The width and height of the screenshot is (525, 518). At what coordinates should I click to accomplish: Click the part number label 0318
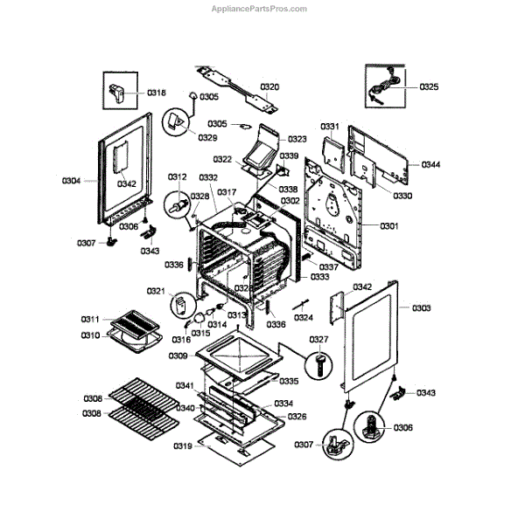click(x=156, y=92)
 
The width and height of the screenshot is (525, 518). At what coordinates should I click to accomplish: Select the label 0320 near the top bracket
click(x=269, y=87)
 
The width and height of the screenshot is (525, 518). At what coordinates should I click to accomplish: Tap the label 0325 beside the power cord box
click(x=429, y=86)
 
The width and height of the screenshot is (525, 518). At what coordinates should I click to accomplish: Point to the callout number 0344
click(x=430, y=164)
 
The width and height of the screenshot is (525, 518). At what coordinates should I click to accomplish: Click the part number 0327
click(x=318, y=339)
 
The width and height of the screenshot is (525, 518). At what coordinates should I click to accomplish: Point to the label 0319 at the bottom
click(x=182, y=446)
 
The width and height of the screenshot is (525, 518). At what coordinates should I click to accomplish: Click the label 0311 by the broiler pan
click(x=91, y=319)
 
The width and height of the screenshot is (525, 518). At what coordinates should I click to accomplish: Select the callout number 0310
click(x=91, y=335)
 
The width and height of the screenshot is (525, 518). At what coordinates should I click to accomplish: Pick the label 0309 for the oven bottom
click(x=178, y=356)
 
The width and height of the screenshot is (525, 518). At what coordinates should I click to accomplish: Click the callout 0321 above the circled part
click(x=156, y=291)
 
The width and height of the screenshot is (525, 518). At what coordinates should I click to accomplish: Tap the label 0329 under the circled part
click(x=207, y=138)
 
